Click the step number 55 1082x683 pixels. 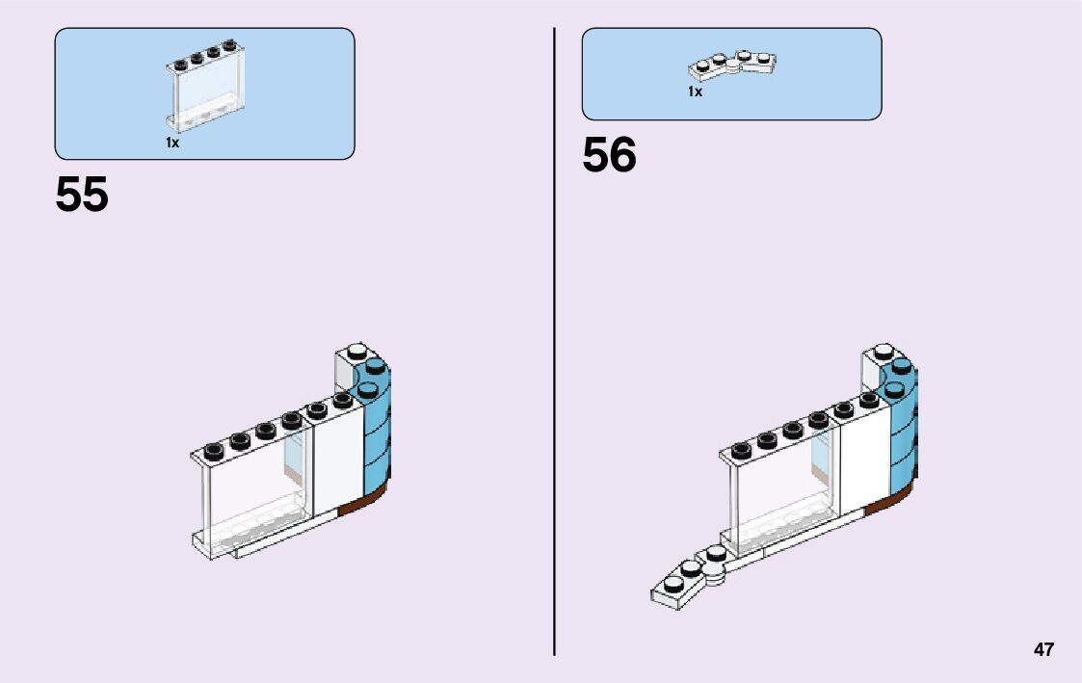pos(82,196)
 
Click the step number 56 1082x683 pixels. pos(609,156)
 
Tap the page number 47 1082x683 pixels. pos(1043,649)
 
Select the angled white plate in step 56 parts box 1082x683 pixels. pos(732,66)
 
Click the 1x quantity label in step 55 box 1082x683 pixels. pos(172,143)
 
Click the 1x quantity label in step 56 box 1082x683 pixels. pos(695,92)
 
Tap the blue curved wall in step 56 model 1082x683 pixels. pos(903,424)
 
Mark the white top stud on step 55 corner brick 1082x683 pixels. pos(356,351)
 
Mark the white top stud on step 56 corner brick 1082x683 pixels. pos(883,351)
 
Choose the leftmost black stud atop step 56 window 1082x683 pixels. pos(741,449)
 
